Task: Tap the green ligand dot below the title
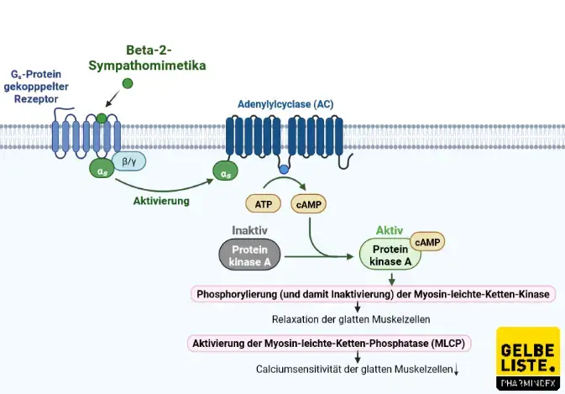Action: pos(128,83)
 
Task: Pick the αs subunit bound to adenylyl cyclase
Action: pos(226,173)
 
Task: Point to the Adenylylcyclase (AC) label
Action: pos(285,104)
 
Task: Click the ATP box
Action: pos(261,203)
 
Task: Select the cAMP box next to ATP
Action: pos(307,203)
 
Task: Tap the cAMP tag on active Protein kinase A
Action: pos(426,242)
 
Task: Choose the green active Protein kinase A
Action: pos(390,255)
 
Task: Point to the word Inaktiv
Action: pos(249,229)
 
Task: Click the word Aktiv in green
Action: pos(390,229)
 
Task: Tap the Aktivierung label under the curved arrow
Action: pos(161,202)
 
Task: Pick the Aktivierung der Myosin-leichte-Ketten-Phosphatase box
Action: pos(328,343)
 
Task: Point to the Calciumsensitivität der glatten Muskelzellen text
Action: pos(357,369)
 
